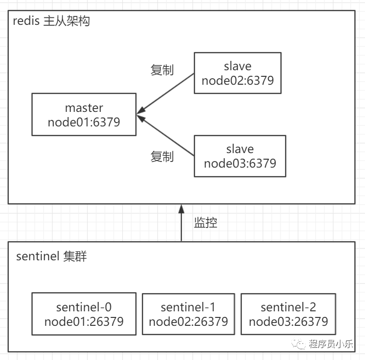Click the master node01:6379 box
tap(84, 114)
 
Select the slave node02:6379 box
tap(238, 73)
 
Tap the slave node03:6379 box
tap(240, 156)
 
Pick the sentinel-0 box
tap(84, 314)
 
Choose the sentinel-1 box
tap(188, 314)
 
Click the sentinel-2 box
tap(288, 314)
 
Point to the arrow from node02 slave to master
tap(166, 94)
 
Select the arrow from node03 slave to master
tap(166, 135)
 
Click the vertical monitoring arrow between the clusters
tap(182, 223)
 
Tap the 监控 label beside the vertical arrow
tap(205, 222)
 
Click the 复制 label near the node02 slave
tap(162, 70)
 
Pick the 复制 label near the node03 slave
tap(162, 156)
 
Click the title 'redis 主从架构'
tap(51, 21)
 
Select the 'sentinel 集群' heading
tap(51, 256)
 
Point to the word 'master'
tap(84, 108)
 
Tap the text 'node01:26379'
tap(84, 322)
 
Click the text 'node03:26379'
tap(288, 322)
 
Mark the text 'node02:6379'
tap(238, 81)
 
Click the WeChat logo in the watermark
tap(299, 344)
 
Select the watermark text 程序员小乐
tap(331, 344)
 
